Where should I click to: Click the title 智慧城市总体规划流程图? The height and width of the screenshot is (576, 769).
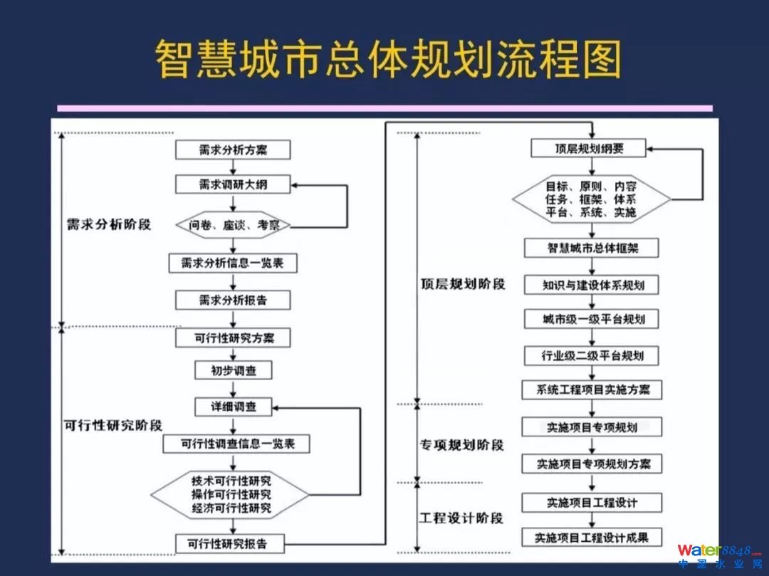pos(388,59)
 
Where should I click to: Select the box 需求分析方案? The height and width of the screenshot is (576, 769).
pos(233,150)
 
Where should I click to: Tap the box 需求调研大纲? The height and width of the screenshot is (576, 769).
pos(233,184)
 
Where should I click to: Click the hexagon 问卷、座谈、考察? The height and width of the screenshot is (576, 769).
pos(233,226)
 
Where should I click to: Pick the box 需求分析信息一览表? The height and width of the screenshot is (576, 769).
pos(233,263)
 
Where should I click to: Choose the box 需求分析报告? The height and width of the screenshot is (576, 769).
pos(233,300)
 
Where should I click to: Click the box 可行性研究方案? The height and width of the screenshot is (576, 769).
pos(233,337)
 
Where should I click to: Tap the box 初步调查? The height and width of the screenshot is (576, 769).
pos(233,370)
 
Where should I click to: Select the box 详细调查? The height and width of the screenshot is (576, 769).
pos(233,407)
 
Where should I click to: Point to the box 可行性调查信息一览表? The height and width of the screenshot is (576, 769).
pos(236,444)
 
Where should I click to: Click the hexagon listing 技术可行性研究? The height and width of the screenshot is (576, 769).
pos(231,493)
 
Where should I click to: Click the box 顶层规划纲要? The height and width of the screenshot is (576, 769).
pos(589,148)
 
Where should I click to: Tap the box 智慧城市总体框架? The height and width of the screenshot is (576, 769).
pos(592,248)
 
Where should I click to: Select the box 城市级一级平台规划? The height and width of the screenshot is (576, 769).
pos(592,319)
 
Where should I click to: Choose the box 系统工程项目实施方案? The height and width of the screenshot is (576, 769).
pos(592,390)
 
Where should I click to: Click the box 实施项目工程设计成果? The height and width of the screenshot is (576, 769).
pos(592,538)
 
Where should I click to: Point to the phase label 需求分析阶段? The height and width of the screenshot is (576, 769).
pos(109,225)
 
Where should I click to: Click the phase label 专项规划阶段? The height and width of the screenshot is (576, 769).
pos(461,445)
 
